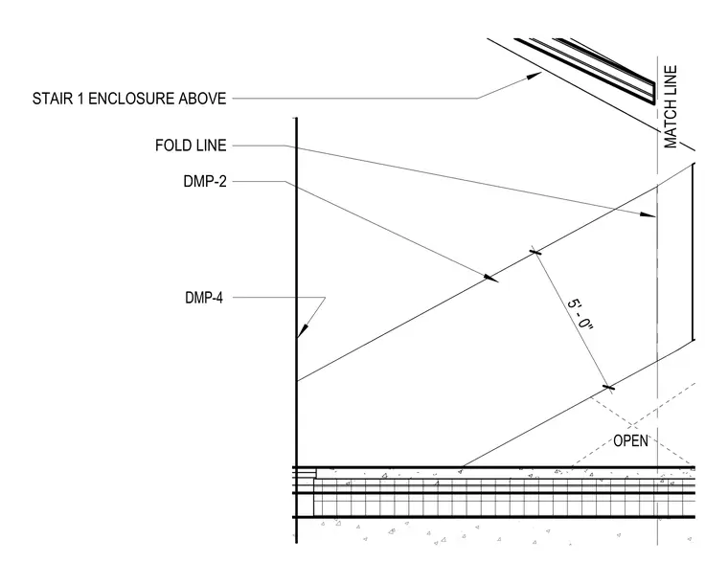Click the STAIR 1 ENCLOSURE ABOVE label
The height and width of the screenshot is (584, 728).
coord(129,99)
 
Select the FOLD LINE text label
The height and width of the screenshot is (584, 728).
coord(191,146)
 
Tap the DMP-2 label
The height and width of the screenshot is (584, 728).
coord(205,181)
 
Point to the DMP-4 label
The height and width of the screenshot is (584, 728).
coord(204,298)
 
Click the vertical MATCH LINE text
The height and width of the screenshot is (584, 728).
coord(671,106)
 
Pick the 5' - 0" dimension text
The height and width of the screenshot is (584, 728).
coord(580,314)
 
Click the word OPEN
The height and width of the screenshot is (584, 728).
coord(630,440)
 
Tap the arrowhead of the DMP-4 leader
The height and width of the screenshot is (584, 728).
coord(301,331)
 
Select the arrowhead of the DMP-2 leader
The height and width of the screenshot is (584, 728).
coord(490,279)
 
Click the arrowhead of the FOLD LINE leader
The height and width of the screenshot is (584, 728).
coord(648,214)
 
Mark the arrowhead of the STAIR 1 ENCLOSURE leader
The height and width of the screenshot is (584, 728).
coord(534,76)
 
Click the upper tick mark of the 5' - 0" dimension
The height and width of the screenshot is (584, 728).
coord(535,253)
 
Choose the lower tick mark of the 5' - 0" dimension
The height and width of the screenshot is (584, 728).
coord(608,388)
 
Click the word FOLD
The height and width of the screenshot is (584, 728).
coord(171,146)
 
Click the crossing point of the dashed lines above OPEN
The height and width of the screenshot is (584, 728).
coord(631,425)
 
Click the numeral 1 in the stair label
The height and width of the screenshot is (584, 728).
coord(80,99)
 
